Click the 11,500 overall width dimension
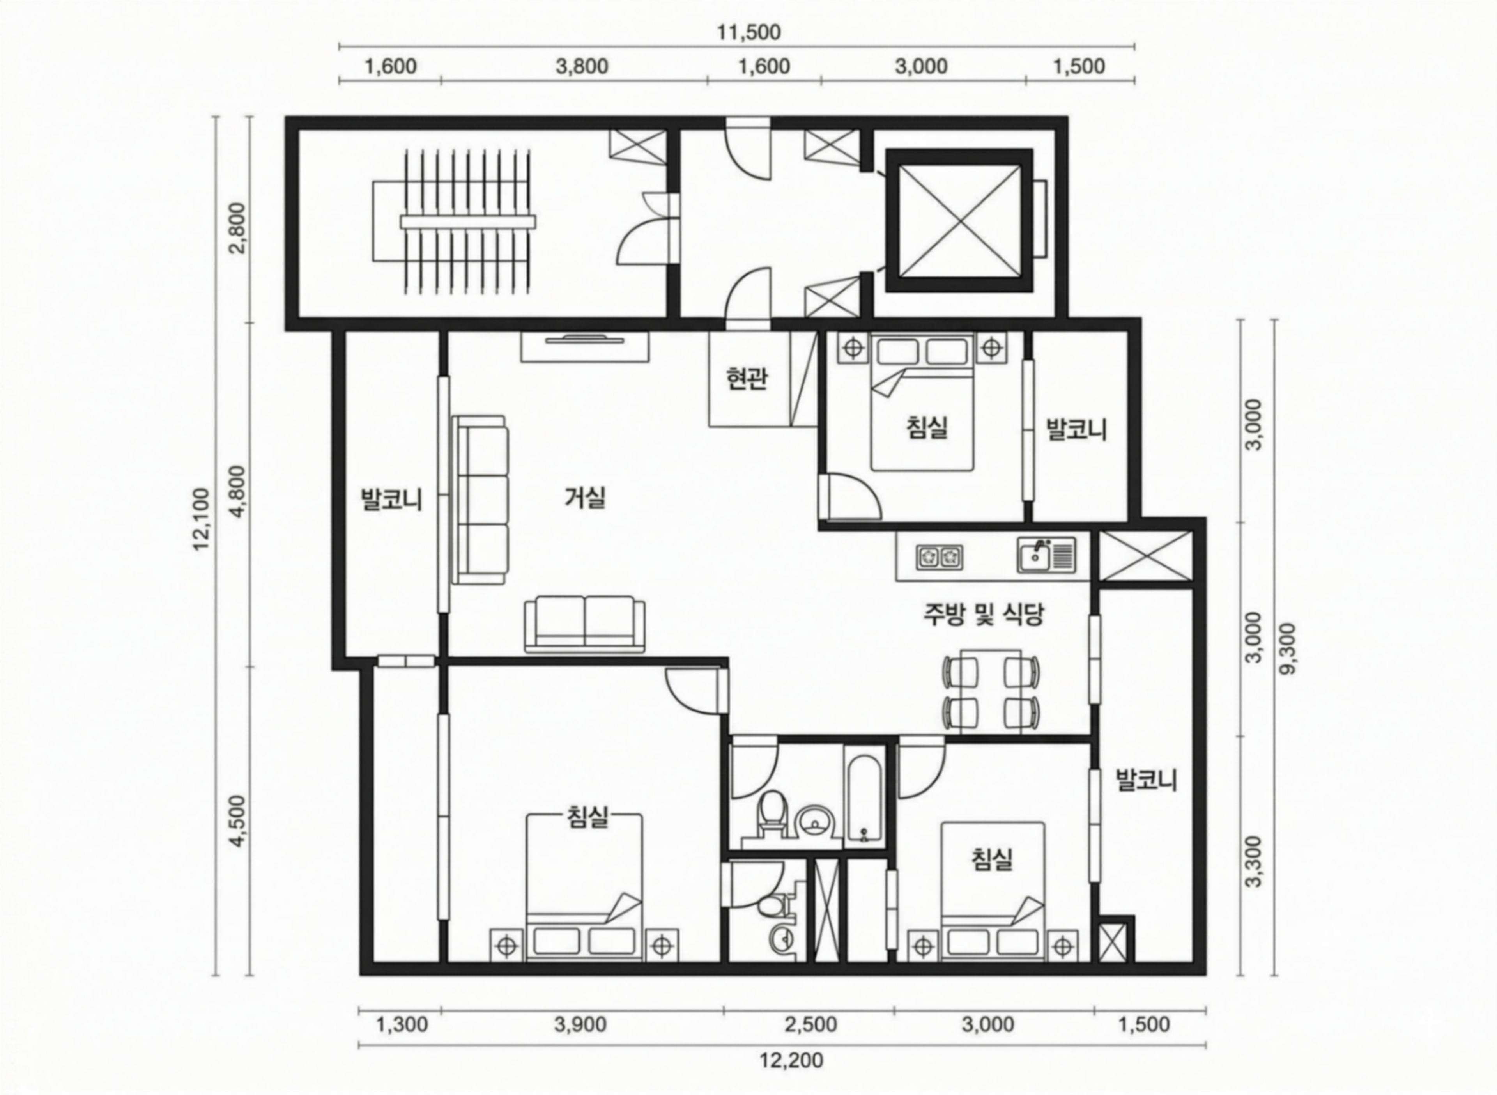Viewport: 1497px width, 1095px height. [749, 32]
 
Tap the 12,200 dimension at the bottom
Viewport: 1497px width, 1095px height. [791, 1061]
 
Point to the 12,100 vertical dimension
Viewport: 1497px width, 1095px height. [202, 519]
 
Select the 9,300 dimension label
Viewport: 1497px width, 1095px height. [1288, 648]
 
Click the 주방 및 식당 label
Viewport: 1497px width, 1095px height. [984, 615]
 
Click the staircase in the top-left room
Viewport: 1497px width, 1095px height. [453, 221]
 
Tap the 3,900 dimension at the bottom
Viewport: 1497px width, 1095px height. [580, 1025]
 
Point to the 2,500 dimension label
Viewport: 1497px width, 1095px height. [810, 1025]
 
